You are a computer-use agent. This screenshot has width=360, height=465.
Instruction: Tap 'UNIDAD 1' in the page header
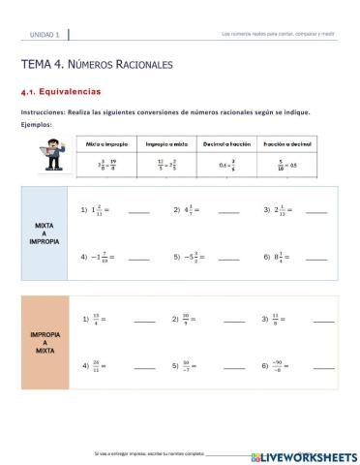(45, 35)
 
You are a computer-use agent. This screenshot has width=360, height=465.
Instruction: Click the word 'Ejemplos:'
(36, 124)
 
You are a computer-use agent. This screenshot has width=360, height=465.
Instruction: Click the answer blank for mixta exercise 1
(139, 211)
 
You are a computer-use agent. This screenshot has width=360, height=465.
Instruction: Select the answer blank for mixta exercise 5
(227, 258)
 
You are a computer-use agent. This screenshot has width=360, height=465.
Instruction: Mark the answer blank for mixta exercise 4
(139, 258)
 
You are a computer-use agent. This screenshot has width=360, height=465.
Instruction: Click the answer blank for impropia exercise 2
(234, 320)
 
